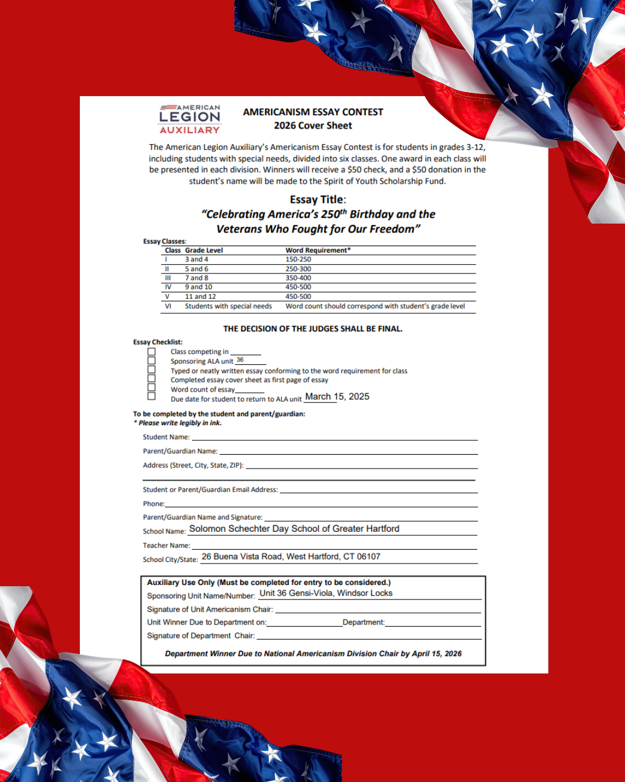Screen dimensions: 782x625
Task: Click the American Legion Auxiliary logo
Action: point(190,119)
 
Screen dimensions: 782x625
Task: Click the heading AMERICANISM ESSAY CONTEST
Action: point(313,112)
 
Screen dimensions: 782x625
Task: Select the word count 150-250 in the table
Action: point(298,260)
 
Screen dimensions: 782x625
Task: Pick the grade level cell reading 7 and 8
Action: point(197,278)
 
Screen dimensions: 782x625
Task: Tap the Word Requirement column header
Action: point(318,250)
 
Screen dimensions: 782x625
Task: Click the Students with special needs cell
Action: point(228,306)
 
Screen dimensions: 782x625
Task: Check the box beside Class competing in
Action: point(152,352)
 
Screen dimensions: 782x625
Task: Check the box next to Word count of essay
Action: point(152,388)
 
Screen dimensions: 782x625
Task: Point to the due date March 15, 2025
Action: point(337,397)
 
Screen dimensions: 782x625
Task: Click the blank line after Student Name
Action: point(334,438)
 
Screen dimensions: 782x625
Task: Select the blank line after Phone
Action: point(321,505)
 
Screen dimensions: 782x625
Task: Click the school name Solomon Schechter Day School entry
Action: point(294,529)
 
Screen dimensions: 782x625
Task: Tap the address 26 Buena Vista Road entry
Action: point(291,557)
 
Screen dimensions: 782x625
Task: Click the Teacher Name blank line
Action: point(334,546)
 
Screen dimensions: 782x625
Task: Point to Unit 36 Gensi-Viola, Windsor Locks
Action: point(326,593)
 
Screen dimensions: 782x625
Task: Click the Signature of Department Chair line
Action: point(369,637)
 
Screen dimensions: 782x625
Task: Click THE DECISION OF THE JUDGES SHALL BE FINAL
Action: point(312,329)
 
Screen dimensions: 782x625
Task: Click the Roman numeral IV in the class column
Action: point(168,287)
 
